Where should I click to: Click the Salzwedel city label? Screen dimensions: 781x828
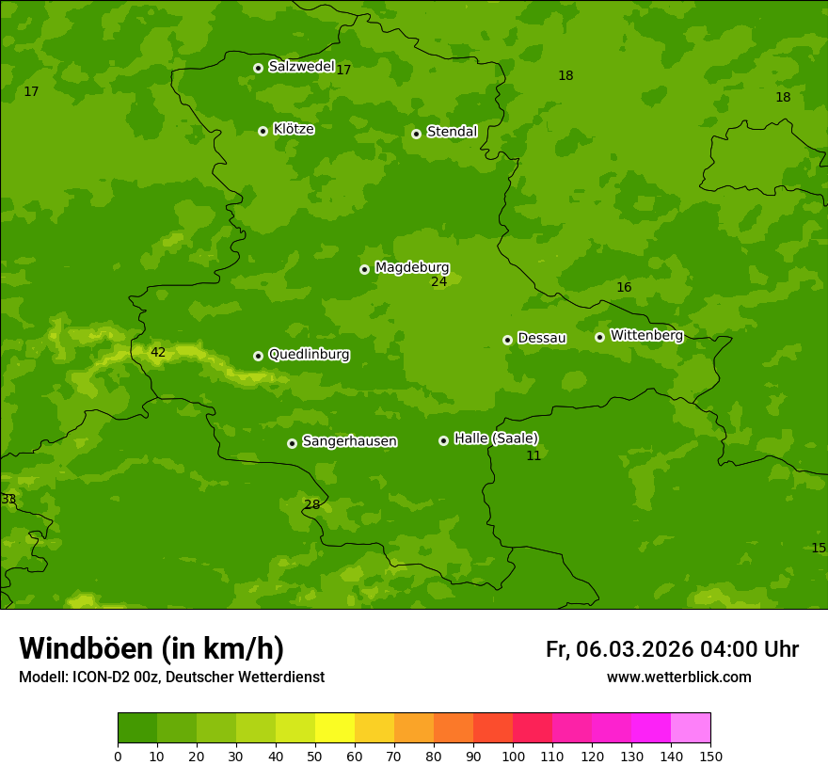click(301, 67)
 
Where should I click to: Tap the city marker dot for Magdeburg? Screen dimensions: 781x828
click(364, 269)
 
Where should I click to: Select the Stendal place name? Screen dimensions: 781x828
click(452, 132)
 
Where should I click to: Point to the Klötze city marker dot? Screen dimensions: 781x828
click(263, 131)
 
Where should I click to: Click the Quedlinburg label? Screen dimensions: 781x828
click(309, 355)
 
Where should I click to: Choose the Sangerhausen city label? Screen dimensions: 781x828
click(349, 441)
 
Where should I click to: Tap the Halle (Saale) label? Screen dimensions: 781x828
click(496, 438)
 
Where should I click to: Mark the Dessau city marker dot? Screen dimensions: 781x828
click(507, 340)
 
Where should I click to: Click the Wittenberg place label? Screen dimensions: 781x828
click(646, 336)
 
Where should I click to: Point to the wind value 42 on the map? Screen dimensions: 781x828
click(158, 353)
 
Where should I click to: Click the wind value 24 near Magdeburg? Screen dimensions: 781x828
click(439, 281)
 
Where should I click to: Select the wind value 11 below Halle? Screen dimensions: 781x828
click(533, 456)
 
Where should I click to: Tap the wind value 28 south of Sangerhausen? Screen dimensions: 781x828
click(311, 505)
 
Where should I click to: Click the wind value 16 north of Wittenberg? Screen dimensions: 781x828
click(624, 288)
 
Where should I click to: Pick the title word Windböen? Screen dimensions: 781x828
click(86, 648)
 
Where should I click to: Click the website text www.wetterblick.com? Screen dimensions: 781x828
click(678, 677)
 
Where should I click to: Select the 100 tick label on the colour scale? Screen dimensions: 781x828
click(513, 756)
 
